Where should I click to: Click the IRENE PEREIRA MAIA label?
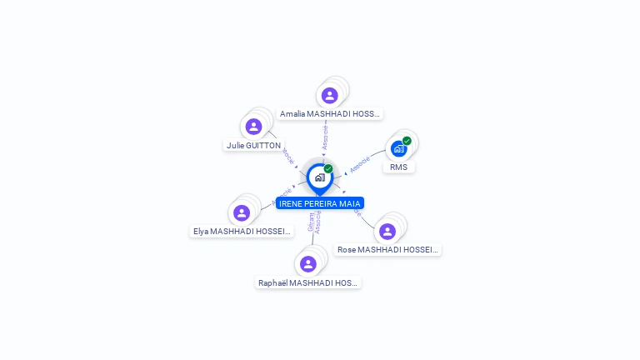point(320,203)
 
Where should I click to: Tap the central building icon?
point(319,177)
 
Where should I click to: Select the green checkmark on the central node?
point(328,168)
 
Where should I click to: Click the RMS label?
point(399,167)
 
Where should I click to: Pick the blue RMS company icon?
point(398,148)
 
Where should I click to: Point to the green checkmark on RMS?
point(407,141)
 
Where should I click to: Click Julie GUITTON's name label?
point(253,145)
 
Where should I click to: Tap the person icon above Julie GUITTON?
point(253,127)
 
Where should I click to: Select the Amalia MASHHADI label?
point(330,113)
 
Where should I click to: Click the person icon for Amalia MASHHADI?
point(330,95)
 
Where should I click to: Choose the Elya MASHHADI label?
point(242,231)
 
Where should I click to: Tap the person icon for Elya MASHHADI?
point(242,212)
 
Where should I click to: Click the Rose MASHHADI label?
point(387,249)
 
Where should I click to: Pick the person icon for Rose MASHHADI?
point(387,231)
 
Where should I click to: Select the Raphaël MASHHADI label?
point(308,282)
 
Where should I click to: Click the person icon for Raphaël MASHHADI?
point(308,264)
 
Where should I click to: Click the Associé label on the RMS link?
point(360,164)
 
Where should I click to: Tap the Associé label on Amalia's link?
point(325,137)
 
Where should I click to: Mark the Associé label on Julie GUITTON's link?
point(287,157)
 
